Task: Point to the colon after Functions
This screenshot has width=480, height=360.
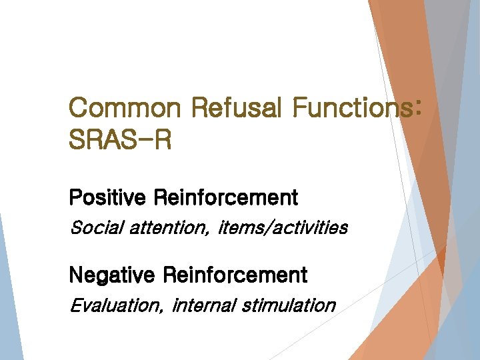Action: (417, 109)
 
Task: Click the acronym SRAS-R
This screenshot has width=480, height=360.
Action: (120, 140)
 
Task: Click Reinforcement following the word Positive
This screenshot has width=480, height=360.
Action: (226, 198)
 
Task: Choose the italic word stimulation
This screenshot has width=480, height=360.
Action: (289, 305)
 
